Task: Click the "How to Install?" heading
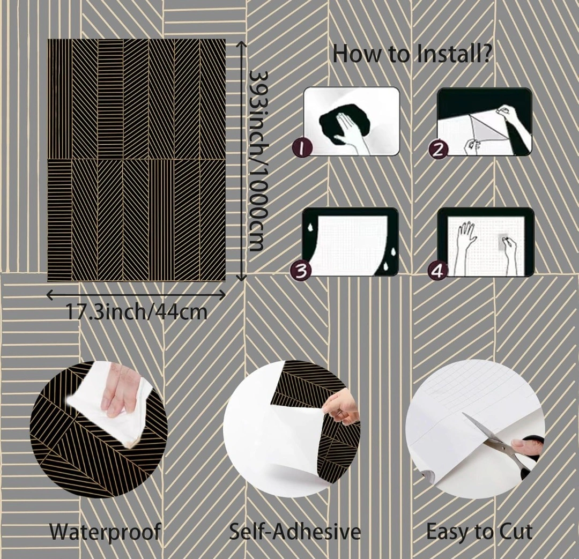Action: pyautogui.click(x=412, y=54)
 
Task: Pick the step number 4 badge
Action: pyautogui.click(x=438, y=271)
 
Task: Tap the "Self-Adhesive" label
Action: pyautogui.click(x=295, y=532)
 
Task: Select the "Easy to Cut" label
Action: pyautogui.click(x=479, y=532)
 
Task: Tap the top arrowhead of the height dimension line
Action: pyautogui.click(x=241, y=44)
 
